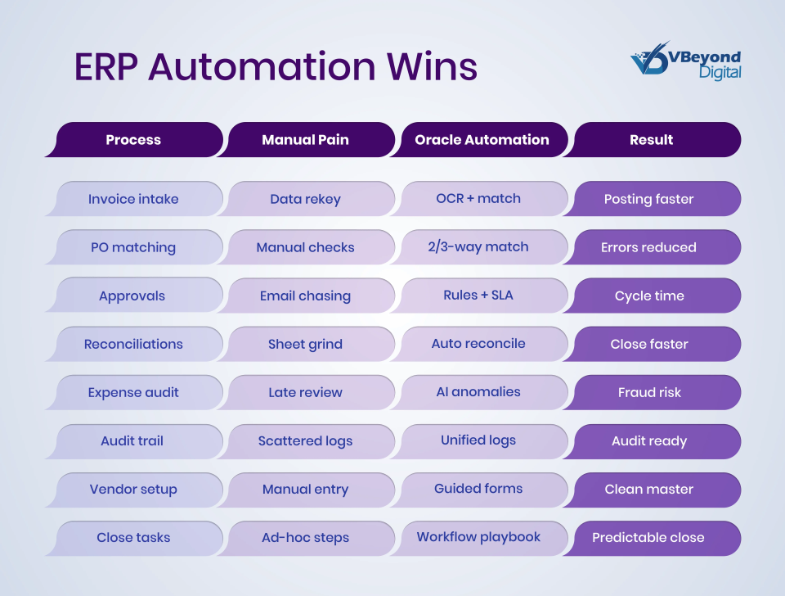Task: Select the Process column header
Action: click(133, 140)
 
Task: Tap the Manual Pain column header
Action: click(305, 140)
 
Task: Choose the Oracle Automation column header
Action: click(482, 140)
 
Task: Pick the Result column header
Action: click(652, 140)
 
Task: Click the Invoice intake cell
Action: click(133, 199)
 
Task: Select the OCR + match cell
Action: click(478, 198)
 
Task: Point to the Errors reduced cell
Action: click(649, 247)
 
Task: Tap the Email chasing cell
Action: click(305, 296)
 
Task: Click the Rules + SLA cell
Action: click(478, 295)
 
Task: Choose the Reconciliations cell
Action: click(133, 344)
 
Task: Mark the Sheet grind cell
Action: click(305, 344)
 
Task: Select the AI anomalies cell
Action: click(478, 391)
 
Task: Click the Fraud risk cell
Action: click(649, 392)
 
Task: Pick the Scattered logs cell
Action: click(305, 440)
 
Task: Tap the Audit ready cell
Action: click(649, 440)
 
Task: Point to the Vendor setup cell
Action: click(133, 489)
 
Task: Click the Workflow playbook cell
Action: click(478, 537)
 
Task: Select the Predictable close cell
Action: click(649, 538)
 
